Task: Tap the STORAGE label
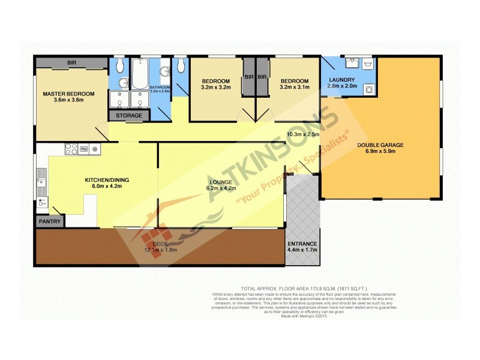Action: pos(129,115)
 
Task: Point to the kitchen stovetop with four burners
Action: pos(71,148)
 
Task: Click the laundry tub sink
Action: pos(352,62)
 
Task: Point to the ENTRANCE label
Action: pos(302,244)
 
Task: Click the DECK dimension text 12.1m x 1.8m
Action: pos(161,250)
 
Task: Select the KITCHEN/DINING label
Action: pos(106,180)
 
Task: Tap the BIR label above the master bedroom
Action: pos(72,62)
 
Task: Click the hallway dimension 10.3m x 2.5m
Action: pos(304,134)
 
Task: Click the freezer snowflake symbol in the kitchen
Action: pos(94,148)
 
